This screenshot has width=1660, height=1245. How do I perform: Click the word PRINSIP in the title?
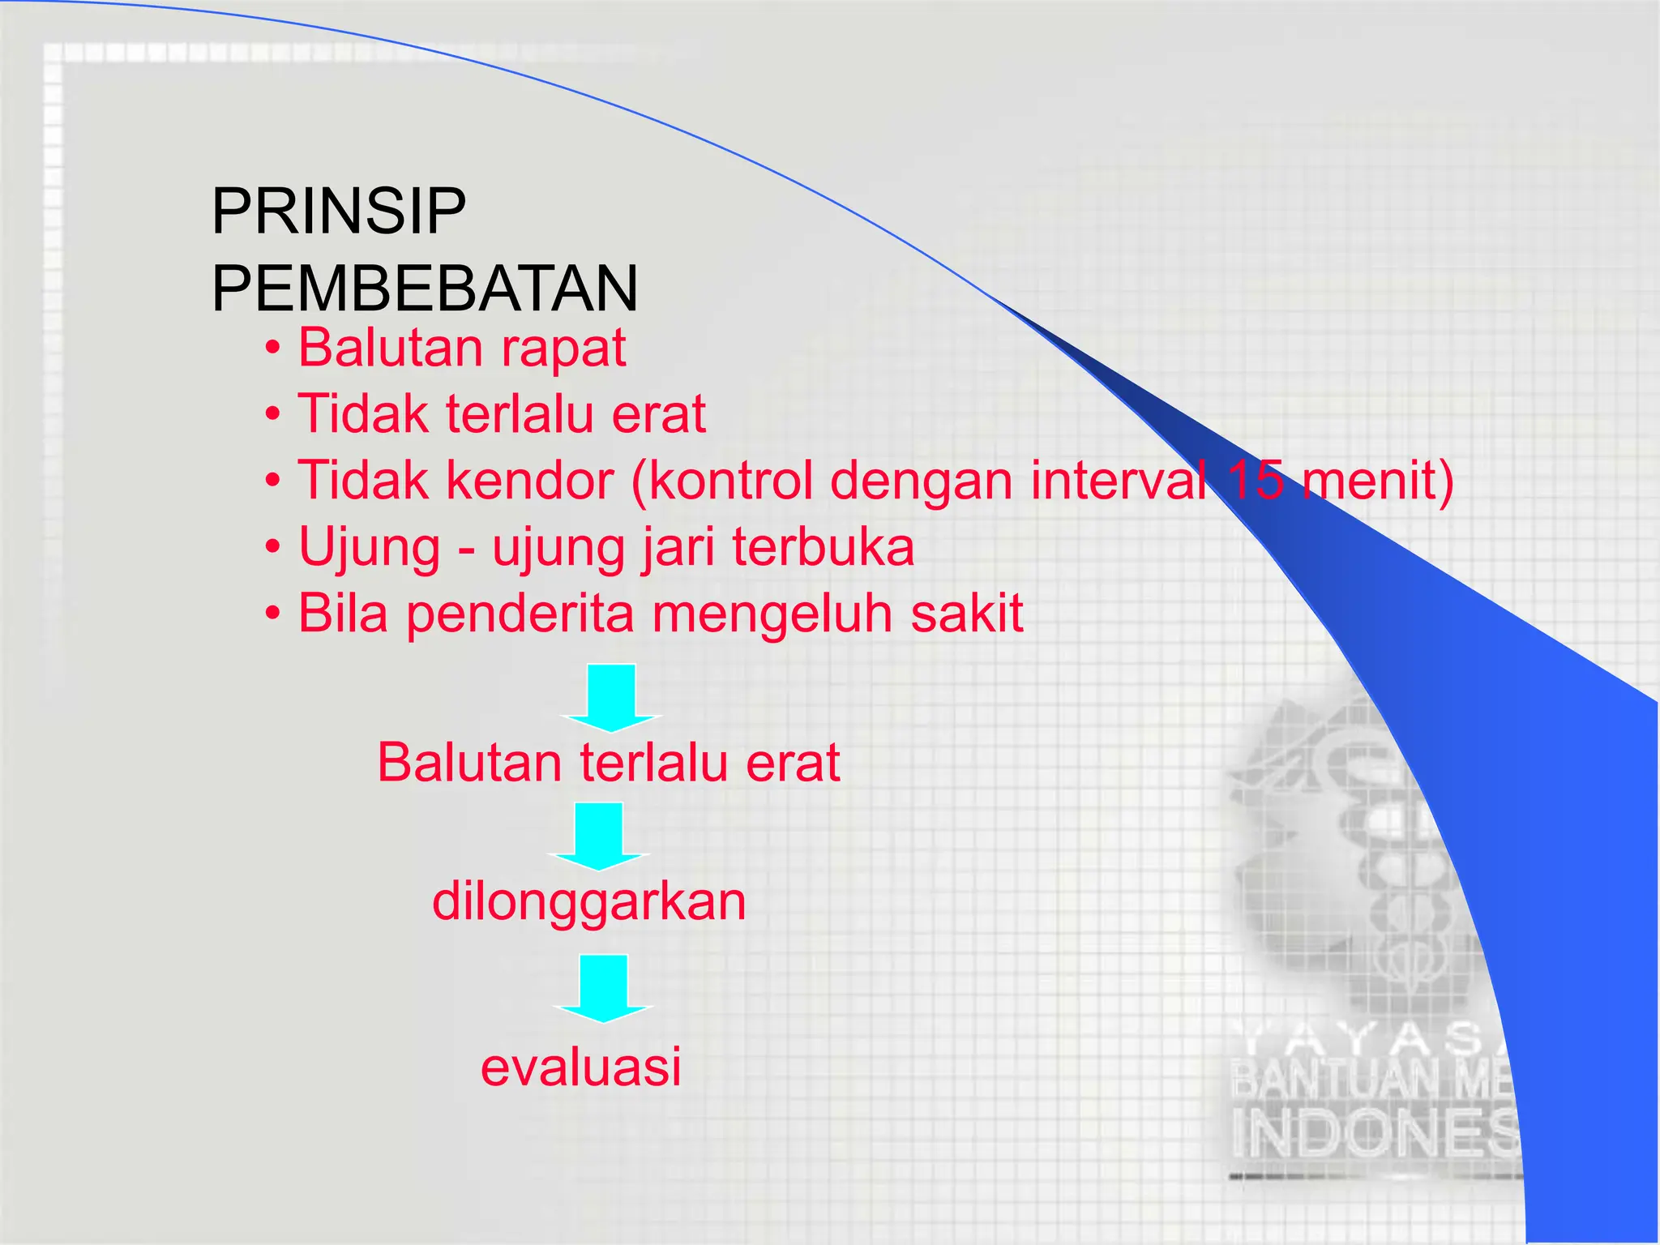pyautogui.click(x=338, y=212)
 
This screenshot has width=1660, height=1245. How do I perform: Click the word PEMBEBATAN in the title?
pyautogui.click(x=425, y=289)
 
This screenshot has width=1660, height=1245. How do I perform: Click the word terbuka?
pyautogui.click(x=824, y=547)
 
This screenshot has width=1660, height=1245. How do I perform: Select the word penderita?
pyautogui.click(x=520, y=614)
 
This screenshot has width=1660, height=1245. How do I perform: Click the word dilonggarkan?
pyautogui.click(x=588, y=903)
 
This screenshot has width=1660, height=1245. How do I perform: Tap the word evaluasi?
pyautogui.click(x=580, y=1067)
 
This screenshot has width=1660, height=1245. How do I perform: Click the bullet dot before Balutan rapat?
pyautogui.click(x=273, y=350)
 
